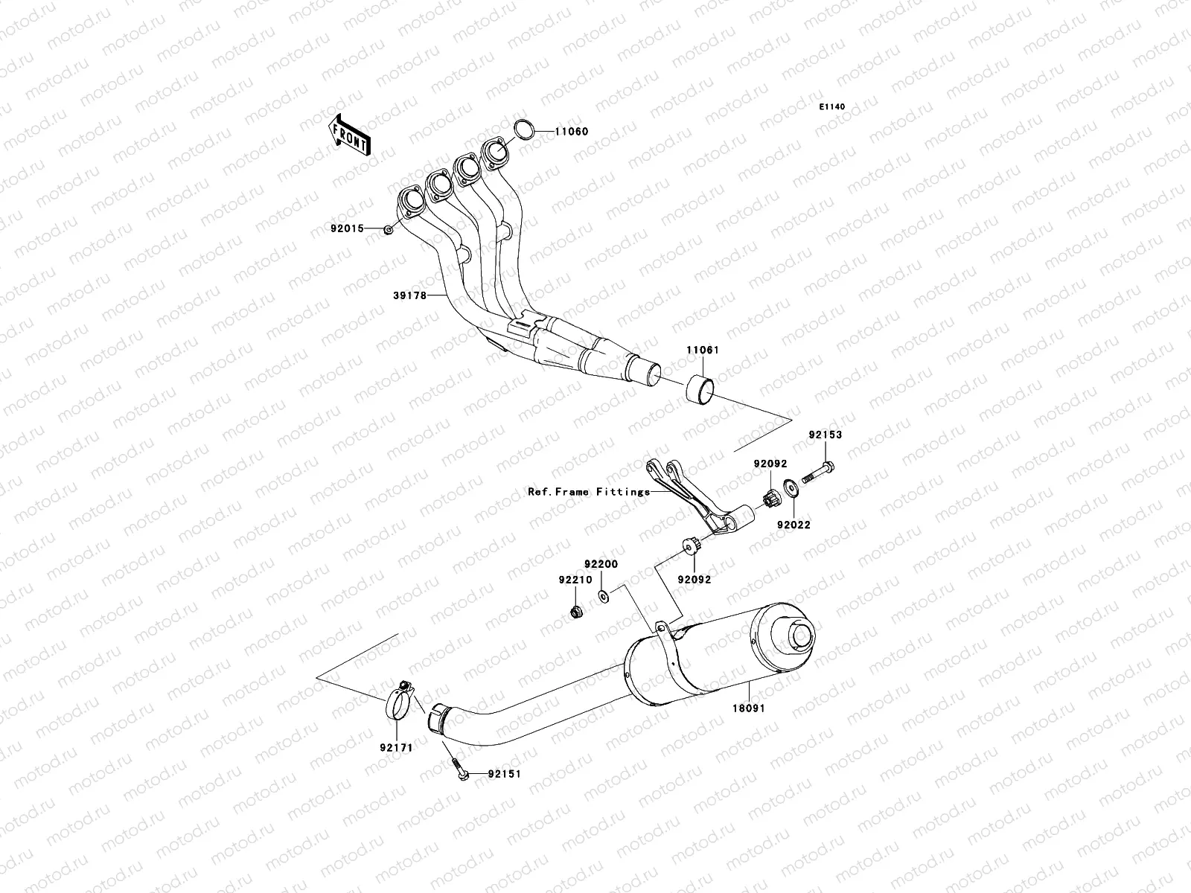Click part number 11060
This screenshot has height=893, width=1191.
tap(571, 132)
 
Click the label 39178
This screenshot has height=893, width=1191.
tap(409, 295)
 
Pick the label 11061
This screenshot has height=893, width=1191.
tap(702, 349)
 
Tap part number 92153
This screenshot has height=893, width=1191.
tap(826, 435)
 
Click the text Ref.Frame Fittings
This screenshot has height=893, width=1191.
tap(589, 491)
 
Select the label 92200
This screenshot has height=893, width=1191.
tap(601, 565)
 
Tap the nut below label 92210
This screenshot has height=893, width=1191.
tap(575, 612)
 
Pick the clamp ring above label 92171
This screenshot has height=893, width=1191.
tap(400, 701)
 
